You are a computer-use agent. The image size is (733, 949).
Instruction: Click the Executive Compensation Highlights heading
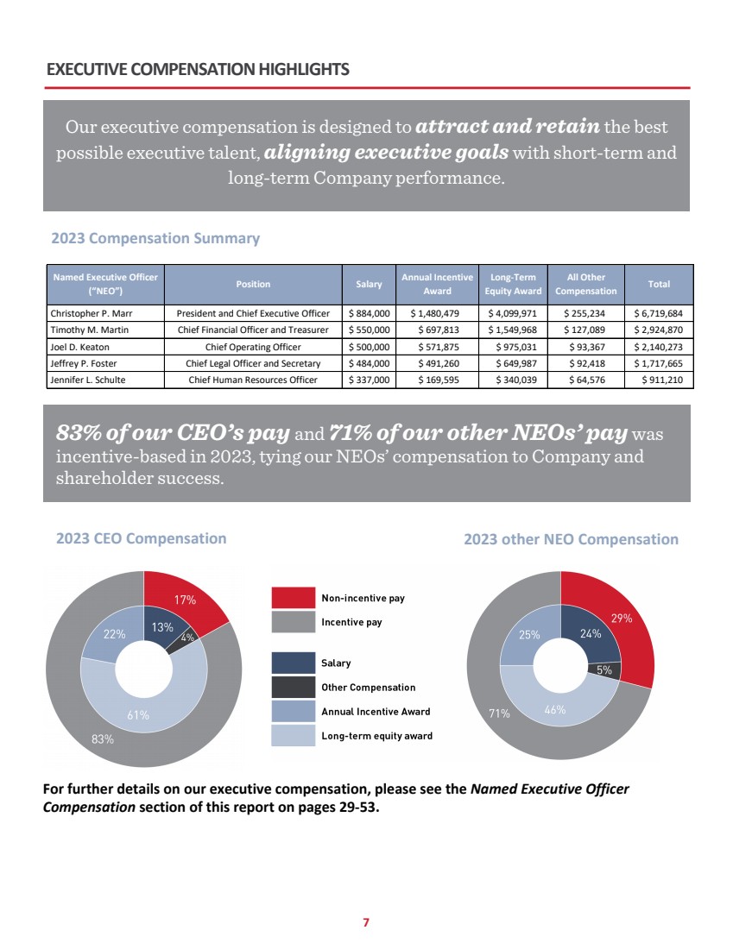(x=198, y=69)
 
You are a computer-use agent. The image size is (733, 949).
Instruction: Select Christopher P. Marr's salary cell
(x=369, y=313)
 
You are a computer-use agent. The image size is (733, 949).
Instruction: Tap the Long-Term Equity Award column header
(x=513, y=284)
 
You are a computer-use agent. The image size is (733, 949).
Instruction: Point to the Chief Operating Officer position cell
(x=253, y=346)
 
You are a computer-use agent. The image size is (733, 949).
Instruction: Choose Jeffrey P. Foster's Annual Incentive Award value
(x=437, y=362)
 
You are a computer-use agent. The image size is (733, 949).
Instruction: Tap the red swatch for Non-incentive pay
(x=292, y=598)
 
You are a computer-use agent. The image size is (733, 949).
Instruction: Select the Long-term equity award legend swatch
(x=292, y=735)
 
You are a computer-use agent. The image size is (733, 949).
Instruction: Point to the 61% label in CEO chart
(x=138, y=714)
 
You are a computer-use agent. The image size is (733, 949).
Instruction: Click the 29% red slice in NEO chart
(x=622, y=618)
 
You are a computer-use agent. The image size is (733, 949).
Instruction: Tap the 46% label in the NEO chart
(x=554, y=710)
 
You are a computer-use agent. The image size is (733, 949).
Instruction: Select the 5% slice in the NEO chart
(x=605, y=669)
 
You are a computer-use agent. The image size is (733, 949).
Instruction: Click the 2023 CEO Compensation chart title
(x=141, y=538)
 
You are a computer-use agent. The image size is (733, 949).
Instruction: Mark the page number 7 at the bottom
(x=366, y=922)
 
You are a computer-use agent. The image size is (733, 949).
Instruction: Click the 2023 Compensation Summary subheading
(x=155, y=238)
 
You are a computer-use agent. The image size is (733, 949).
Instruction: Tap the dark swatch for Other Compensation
(x=292, y=687)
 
